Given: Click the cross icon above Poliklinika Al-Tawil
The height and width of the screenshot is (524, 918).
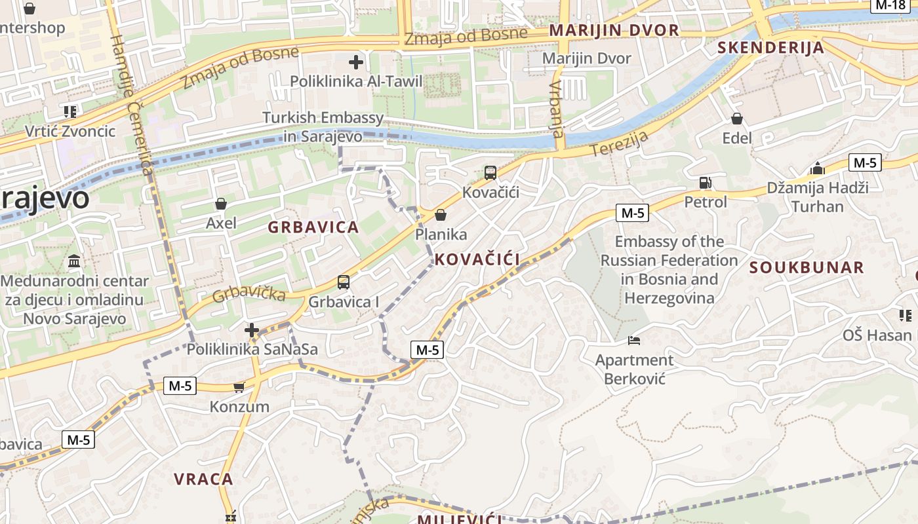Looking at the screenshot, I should (356, 63).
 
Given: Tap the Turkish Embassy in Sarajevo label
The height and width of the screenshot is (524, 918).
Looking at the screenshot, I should (323, 127).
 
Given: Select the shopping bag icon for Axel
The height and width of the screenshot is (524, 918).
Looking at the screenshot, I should (221, 204).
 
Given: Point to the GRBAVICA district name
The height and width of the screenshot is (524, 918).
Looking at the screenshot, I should (313, 227).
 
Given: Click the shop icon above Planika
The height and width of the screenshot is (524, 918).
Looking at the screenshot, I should (441, 215).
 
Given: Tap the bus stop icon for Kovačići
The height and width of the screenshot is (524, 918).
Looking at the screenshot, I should (490, 173).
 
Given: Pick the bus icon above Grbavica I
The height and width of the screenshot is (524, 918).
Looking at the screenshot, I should (343, 283).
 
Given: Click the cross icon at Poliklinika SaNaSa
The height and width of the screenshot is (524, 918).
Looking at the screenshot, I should (252, 329).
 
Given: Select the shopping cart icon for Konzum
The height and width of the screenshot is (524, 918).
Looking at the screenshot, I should (239, 387).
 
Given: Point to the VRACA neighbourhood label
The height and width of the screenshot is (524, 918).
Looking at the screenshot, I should (203, 479).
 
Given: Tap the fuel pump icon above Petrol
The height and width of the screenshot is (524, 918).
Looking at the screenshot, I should (706, 183).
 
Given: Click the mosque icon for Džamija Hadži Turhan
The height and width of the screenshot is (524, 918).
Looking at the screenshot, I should (817, 168).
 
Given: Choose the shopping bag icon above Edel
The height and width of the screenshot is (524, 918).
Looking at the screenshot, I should (737, 119).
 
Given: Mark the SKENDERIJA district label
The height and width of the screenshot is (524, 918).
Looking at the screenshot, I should (770, 47).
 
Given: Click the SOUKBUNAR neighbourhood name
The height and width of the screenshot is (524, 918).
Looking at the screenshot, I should (807, 267).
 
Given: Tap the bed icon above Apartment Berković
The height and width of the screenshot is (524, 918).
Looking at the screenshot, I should (634, 341).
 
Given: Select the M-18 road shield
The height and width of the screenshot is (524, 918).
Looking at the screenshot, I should (891, 5).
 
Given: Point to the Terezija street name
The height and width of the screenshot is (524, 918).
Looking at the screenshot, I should (620, 143).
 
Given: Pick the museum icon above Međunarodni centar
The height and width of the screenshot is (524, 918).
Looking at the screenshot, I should (74, 261).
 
